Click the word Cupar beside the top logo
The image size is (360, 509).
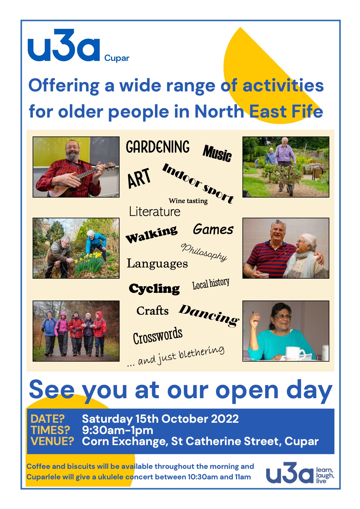click(x=117, y=58)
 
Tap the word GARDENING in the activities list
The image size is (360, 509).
click(x=158, y=147)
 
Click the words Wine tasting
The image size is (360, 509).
click(x=188, y=201)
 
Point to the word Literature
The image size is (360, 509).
click(x=155, y=212)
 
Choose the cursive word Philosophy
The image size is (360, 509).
click(x=204, y=252)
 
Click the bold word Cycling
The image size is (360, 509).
click(x=154, y=289)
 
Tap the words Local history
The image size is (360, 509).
click(x=211, y=284)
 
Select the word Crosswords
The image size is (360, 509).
click(x=158, y=336)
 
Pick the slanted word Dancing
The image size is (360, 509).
click(x=209, y=315)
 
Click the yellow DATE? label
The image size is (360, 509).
click(x=47, y=419)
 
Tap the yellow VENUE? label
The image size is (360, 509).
click(x=52, y=441)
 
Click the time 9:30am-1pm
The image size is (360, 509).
click(x=117, y=430)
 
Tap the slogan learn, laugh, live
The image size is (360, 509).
click(x=325, y=475)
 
